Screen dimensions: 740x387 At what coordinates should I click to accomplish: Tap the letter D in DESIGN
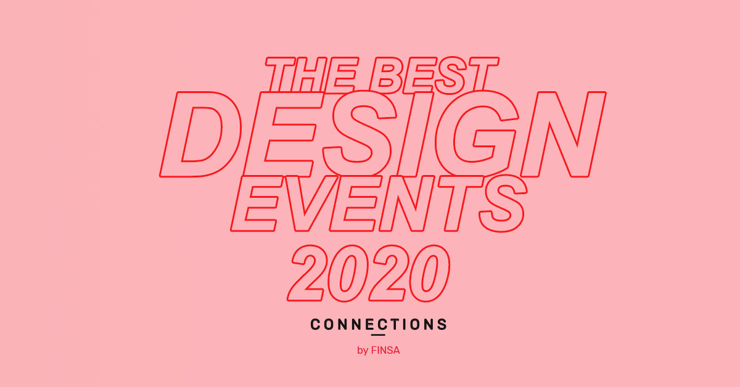(x=200, y=134)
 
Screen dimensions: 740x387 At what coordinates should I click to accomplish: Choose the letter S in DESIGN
(x=360, y=134)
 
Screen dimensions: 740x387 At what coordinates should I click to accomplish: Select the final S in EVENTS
(x=503, y=203)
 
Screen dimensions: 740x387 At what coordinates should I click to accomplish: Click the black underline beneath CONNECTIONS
(x=378, y=335)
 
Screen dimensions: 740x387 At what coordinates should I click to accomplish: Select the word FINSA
(x=385, y=351)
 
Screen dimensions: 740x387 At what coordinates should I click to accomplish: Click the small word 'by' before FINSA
(x=363, y=351)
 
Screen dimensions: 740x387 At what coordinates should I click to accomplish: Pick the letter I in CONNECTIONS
(x=404, y=324)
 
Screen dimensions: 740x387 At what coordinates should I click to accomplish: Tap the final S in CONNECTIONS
(x=442, y=324)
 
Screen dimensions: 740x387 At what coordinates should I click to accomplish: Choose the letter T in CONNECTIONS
(x=395, y=324)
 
